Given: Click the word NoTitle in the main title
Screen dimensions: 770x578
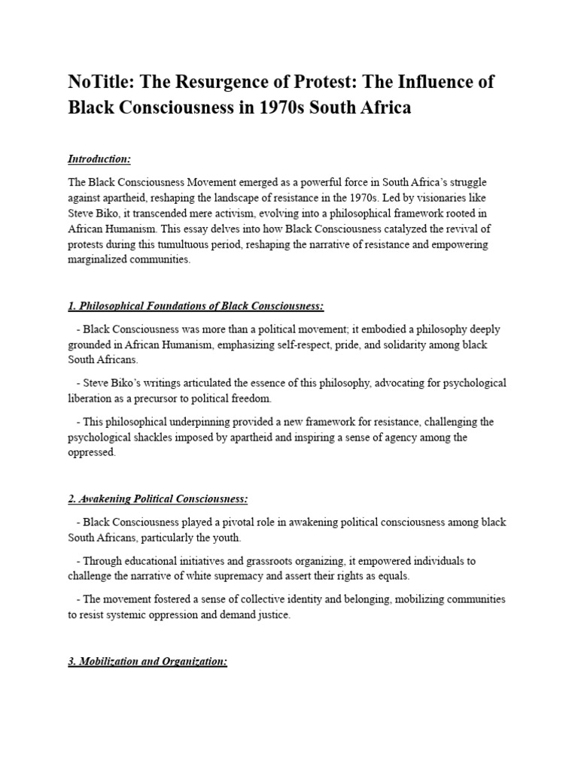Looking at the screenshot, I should pos(99,82).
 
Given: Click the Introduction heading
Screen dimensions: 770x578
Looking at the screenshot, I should pos(99,159).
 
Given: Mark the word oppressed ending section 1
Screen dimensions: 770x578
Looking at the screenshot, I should pos(92,453).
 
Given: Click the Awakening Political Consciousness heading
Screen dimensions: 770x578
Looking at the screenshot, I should pos(158,499).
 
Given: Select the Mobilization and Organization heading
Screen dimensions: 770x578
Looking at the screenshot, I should pos(148,662).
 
